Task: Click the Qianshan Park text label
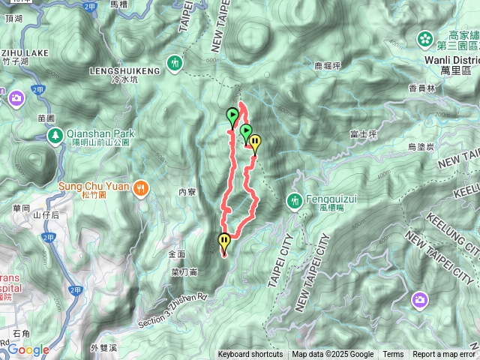coord(98,129)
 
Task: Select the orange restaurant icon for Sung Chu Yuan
coord(139,190)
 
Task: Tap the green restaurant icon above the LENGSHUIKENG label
coord(175,63)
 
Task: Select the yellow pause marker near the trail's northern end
coord(255,142)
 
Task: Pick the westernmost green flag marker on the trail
coord(232,117)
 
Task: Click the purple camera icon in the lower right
coord(420,301)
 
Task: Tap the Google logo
coord(28,350)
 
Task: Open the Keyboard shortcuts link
coord(250,355)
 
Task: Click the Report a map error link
coord(444,355)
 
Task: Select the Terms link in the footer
coord(393,355)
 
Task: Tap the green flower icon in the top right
coord(425,37)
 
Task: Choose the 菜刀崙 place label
coord(184,271)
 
